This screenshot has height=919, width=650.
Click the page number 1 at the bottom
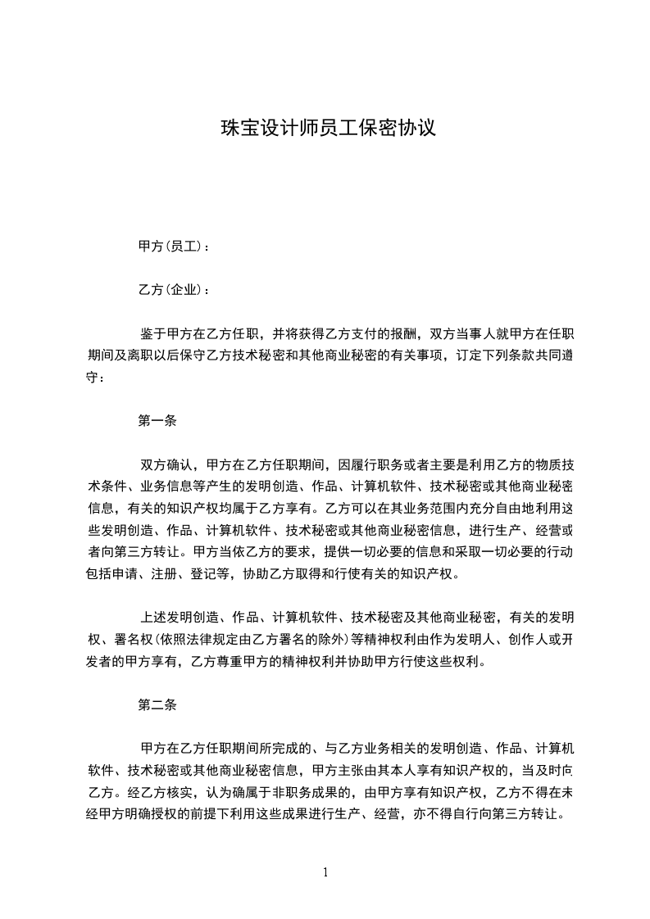(326, 872)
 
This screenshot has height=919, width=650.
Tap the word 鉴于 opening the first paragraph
(153, 334)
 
